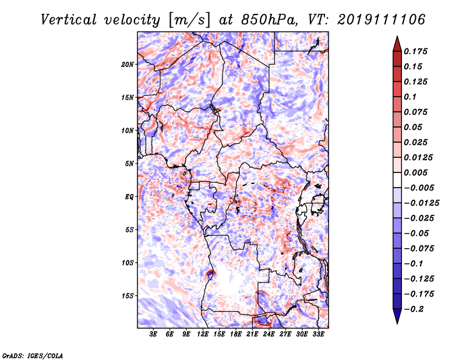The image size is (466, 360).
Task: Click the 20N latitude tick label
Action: [128, 64]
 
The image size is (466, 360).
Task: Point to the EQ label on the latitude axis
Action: [130, 197]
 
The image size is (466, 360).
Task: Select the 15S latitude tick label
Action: [128, 296]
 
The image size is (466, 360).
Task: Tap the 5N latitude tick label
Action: [129, 164]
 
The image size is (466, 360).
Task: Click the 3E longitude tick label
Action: [153, 334]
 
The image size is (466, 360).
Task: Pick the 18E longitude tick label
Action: [236, 334]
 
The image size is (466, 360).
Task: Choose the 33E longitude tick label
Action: [319, 334]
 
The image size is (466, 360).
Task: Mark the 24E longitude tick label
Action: [269, 334]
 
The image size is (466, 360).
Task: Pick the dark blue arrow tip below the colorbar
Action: [397, 320]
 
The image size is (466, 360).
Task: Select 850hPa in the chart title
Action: [257, 19]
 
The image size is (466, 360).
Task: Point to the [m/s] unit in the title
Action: [188, 19]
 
